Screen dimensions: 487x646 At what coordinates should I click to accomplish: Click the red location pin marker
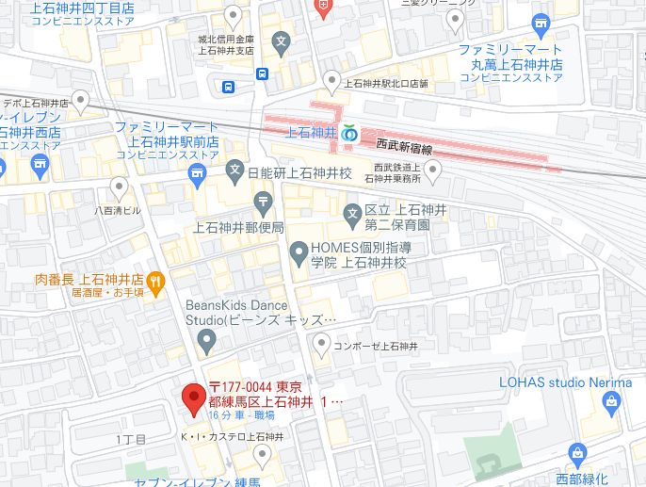tap(194, 399)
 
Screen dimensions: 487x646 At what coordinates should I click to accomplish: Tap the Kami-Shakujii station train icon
tap(349, 134)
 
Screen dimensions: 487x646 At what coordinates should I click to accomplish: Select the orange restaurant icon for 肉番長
tap(156, 280)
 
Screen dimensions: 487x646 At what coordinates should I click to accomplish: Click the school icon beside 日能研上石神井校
tap(234, 173)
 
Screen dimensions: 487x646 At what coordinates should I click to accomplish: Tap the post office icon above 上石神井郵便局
tap(262, 200)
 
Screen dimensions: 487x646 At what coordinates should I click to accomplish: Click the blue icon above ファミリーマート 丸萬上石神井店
tap(541, 23)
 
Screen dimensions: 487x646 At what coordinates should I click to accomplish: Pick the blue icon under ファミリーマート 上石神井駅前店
tap(197, 173)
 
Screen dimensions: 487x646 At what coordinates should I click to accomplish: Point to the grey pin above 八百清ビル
tap(119, 185)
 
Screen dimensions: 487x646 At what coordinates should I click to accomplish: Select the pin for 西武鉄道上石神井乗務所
tap(432, 170)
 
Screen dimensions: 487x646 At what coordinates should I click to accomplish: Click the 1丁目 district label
tap(131, 440)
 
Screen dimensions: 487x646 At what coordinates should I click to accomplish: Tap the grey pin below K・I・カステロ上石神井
tap(263, 455)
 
